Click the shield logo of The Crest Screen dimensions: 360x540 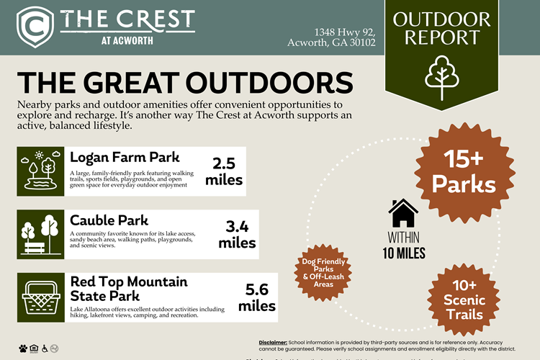click(33, 26)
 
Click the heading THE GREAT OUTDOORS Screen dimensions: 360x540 click(184, 82)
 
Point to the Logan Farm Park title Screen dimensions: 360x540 click(125, 157)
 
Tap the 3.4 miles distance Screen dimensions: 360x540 click(236, 235)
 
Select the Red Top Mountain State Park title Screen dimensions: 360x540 click(128, 287)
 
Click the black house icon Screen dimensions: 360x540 click(403, 214)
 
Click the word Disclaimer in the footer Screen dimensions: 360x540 click(272, 341)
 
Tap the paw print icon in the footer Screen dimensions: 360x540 click(24, 348)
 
